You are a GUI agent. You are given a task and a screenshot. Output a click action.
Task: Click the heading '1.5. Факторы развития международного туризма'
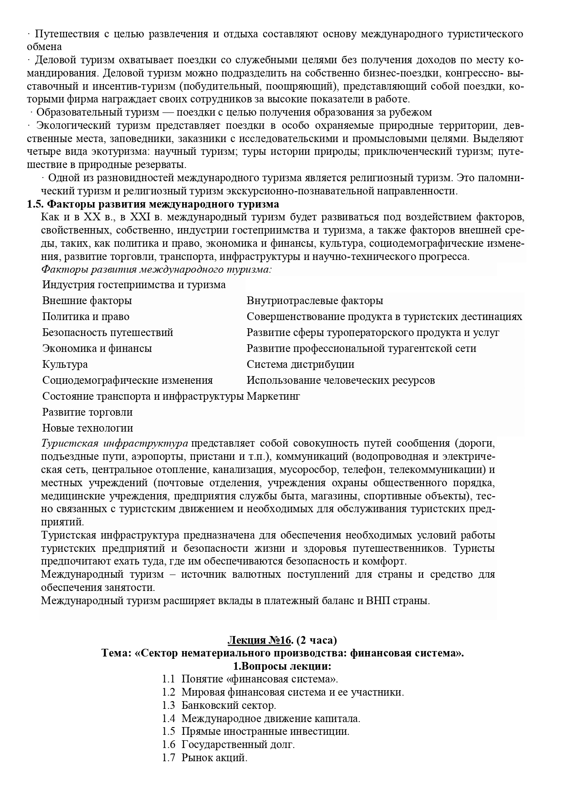(x=153, y=204)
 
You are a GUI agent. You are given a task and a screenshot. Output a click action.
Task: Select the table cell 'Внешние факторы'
(x=87, y=300)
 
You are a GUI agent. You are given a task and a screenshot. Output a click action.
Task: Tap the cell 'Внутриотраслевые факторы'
(x=315, y=300)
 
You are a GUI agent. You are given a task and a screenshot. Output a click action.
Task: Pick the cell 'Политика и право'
(x=86, y=316)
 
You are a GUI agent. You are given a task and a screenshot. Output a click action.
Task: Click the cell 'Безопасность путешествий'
(x=107, y=332)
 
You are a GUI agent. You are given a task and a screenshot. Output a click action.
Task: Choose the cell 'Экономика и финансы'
(x=97, y=348)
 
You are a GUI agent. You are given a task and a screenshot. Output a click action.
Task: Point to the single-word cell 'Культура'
(x=65, y=364)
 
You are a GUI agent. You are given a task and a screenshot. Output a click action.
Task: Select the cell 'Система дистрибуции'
(x=300, y=364)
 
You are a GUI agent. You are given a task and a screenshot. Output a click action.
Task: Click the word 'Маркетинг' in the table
(x=273, y=396)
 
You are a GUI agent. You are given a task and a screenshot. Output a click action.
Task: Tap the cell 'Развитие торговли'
(x=87, y=412)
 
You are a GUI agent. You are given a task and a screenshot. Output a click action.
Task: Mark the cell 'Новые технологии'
(x=87, y=428)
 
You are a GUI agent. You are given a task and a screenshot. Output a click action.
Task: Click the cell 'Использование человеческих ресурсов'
(x=341, y=380)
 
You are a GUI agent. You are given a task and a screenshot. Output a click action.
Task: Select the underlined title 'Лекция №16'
(x=259, y=640)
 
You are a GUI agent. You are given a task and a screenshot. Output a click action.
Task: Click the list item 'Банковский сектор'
(x=229, y=706)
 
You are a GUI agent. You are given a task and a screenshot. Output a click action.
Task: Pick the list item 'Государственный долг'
(x=238, y=745)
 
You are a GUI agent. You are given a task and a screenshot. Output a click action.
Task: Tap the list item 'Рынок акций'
(x=214, y=758)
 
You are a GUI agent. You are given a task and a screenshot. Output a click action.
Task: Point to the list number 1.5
(x=168, y=732)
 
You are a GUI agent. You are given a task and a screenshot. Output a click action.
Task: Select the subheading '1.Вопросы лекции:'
(x=282, y=666)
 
